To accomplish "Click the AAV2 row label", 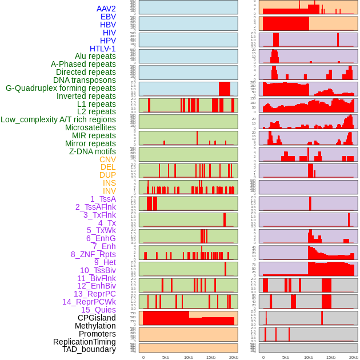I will pyautogui.click(x=106, y=9).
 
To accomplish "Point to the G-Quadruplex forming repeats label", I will pyautogui.click(x=61, y=89).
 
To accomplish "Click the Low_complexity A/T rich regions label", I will pyautogui.click(x=58, y=119).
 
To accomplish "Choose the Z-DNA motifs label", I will pyautogui.click(x=92, y=151).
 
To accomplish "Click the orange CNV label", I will pyautogui.click(x=107, y=159).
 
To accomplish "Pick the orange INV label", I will pyautogui.click(x=109, y=191).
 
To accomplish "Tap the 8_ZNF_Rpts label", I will pyautogui.click(x=93, y=254).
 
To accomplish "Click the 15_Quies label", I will pyautogui.click(x=98, y=310).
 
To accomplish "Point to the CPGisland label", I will pyautogui.click(x=97, y=318).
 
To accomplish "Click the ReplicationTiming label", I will pyautogui.click(x=85, y=342).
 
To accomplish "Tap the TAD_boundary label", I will pyautogui.click(x=89, y=349).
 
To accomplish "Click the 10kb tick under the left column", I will pyautogui.click(x=189, y=357).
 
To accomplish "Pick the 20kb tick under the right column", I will pyautogui.click(x=354, y=357).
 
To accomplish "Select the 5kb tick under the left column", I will pyautogui.click(x=166, y=357).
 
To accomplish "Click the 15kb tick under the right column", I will pyautogui.click(x=331, y=357).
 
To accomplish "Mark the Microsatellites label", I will pyautogui.click(x=90, y=127).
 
